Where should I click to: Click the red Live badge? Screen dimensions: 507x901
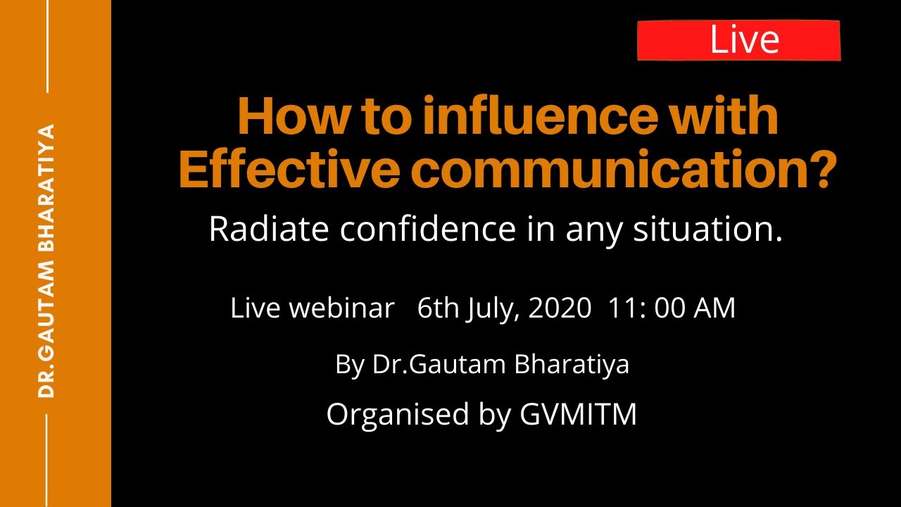738,40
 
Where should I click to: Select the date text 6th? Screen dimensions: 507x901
437,308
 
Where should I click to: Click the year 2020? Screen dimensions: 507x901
559,308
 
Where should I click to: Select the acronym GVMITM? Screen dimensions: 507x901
578,415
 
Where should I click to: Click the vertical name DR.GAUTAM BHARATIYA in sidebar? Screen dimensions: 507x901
46,261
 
